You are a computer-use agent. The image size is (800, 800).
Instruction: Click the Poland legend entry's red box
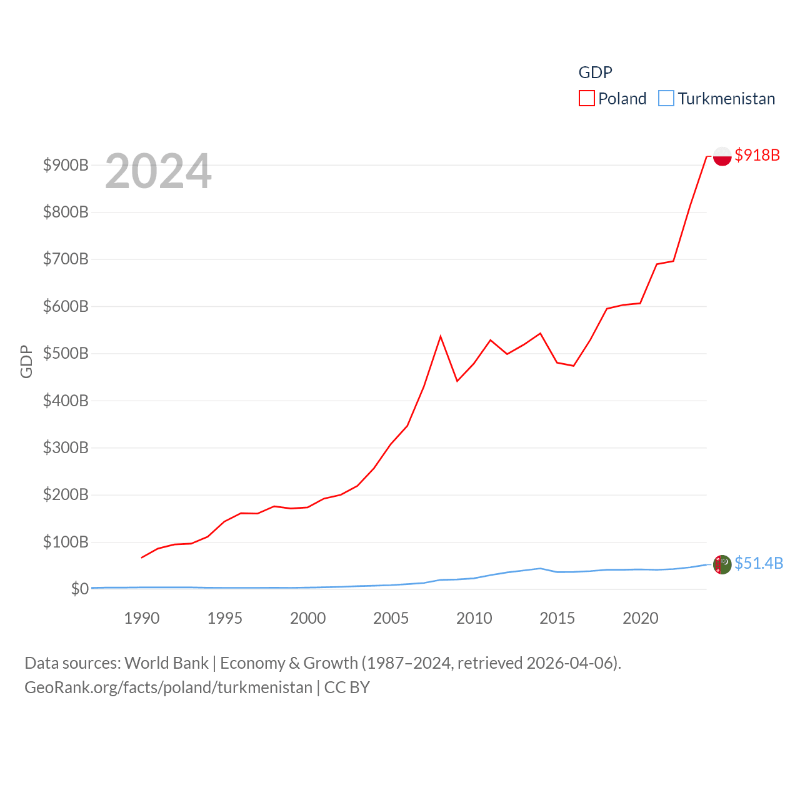[586, 99]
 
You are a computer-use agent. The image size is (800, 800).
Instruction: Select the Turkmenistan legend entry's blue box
[666, 99]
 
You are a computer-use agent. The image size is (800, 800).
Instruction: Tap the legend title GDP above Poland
[595, 72]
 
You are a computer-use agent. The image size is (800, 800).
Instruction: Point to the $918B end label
[757, 155]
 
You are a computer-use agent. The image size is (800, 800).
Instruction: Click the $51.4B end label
[758, 563]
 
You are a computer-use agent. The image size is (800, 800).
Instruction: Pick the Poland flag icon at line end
[722, 156]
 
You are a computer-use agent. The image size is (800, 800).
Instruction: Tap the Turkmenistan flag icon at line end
[722, 564]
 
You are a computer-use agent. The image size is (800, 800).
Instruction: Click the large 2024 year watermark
[158, 171]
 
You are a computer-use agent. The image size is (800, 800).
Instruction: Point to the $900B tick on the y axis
[66, 165]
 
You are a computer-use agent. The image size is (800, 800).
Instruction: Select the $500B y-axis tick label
[66, 353]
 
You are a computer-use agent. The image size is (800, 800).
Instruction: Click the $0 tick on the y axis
[79, 589]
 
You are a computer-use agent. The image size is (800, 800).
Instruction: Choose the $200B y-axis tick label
[66, 494]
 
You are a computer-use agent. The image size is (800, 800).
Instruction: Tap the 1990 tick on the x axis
[142, 618]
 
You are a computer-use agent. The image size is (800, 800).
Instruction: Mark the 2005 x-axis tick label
[391, 618]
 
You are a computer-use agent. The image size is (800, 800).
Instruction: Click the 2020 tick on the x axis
[640, 618]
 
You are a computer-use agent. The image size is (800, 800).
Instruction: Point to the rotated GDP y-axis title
[26, 361]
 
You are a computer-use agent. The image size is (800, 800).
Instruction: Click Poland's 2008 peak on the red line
[441, 336]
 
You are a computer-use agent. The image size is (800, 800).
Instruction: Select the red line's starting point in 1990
[142, 557]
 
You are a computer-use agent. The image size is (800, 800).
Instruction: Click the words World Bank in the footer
[166, 663]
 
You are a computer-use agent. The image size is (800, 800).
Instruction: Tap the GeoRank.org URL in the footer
[168, 687]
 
